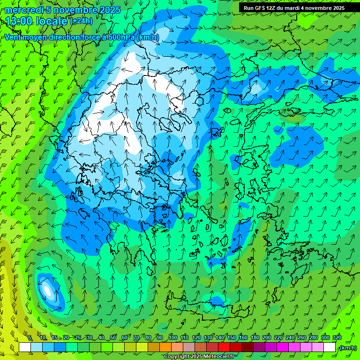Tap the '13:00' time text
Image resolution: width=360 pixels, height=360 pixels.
click(19, 22)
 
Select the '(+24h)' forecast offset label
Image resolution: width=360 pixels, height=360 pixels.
click(81, 21)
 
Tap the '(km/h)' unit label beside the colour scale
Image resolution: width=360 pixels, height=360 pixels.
click(347, 348)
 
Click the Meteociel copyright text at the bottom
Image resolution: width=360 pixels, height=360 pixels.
click(199, 357)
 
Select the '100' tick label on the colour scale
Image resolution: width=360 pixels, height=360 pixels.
click(172, 337)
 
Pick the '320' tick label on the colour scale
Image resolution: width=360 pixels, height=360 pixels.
click(337, 337)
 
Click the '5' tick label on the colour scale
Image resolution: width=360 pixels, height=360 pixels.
click(30, 337)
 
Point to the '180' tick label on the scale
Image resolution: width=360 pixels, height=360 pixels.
click(255, 337)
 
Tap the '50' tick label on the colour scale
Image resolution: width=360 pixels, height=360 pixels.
click(113, 337)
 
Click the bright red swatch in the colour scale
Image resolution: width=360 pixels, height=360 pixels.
click(224, 347)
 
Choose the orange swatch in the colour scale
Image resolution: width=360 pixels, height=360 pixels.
click(165, 347)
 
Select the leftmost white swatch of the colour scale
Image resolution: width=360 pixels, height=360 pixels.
click(25, 347)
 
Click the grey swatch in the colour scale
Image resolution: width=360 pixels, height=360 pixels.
click(189, 347)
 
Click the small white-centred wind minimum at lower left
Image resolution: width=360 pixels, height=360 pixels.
click(47, 290)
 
